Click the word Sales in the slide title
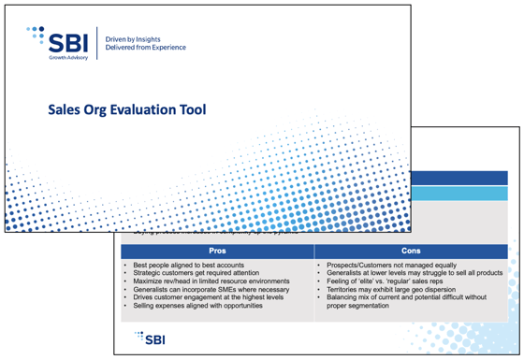[x=65, y=109]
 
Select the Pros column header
[x=216, y=252]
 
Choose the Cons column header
[x=410, y=252]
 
